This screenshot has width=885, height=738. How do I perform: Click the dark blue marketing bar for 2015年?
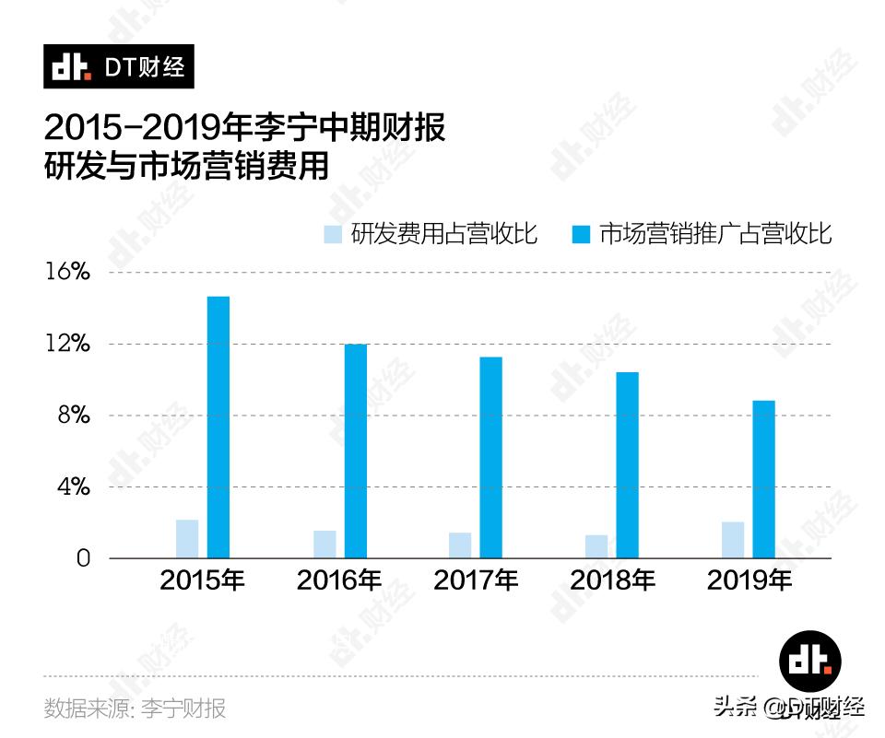[x=218, y=427]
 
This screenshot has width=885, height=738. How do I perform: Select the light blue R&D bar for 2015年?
[x=187, y=539]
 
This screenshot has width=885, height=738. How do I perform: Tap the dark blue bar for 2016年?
[x=356, y=451]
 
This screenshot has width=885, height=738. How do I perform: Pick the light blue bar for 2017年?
[x=460, y=545]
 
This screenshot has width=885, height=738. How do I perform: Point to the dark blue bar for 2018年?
[x=628, y=464]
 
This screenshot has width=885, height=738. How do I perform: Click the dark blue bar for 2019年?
[x=763, y=479]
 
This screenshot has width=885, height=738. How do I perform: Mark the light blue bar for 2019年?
[x=733, y=540]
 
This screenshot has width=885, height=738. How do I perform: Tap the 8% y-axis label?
[x=73, y=416]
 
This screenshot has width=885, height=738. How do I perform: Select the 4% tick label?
[x=73, y=486]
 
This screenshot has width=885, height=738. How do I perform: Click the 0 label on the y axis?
[x=84, y=558]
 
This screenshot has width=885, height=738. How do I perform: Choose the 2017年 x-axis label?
[x=476, y=580]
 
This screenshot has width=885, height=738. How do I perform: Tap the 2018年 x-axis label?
[x=612, y=580]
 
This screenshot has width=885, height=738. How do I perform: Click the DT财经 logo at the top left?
[x=119, y=67]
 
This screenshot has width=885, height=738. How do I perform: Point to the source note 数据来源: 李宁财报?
[x=136, y=709]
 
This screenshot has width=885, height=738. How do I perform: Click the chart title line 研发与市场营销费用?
[x=186, y=168]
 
